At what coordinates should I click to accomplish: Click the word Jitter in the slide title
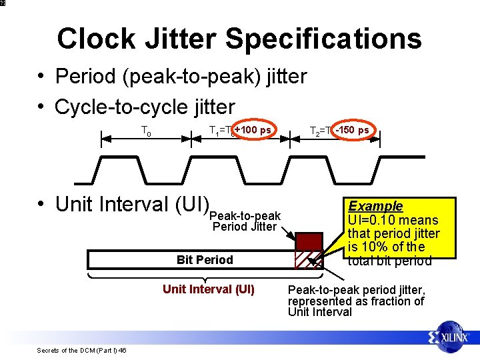(x=177, y=39)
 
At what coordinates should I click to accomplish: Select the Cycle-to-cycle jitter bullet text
(x=145, y=107)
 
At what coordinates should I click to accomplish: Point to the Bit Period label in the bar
(x=205, y=260)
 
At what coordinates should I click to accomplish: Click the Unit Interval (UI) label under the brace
(x=209, y=289)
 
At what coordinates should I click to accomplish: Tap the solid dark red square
(x=309, y=241)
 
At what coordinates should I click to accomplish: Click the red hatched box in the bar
(x=309, y=260)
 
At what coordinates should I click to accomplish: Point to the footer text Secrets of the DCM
(x=77, y=351)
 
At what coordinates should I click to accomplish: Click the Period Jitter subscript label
(x=244, y=227)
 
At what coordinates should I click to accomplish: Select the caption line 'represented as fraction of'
(x=355, y=301)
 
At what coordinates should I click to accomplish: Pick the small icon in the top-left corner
(x=3, y=3)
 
